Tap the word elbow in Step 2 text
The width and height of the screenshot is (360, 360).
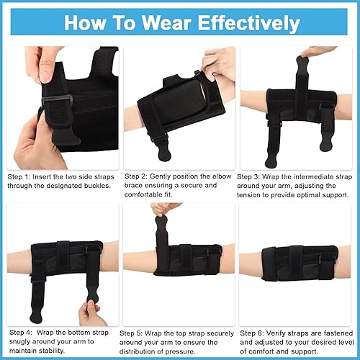(222, 175)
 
